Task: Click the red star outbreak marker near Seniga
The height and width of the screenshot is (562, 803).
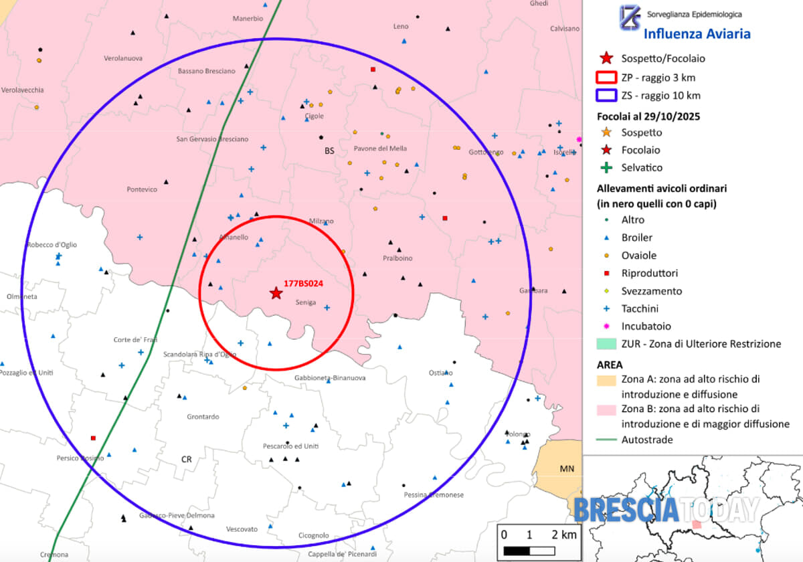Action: pyautogui.click(x=276, y=293)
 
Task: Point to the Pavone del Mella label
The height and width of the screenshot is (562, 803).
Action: pyautogui.click(x=379, y=149)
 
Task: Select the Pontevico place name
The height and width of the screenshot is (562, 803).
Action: pyautogui.click(x=142, y=189)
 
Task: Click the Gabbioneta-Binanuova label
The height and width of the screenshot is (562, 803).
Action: pyautogui.click(x=330, y=378)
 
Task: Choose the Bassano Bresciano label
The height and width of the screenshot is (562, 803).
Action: pyautogui.click(x=207, y=71)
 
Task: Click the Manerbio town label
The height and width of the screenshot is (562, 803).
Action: pyautogui.click(x=248, y=19)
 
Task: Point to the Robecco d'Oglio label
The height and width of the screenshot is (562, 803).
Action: pyautogui.click(x=52, y=245)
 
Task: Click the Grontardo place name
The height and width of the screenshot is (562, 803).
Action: pyautogui.click(x=203, y=417)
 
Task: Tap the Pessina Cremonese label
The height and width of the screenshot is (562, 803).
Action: pyautogui.click(x=434, y=495)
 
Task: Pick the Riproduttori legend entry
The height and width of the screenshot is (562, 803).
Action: pyautogui.click(x=649, y=273)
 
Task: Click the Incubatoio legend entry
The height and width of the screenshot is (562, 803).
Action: pyautogui.click(x=646, y=326)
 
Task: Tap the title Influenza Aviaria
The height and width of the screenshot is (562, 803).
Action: pyautogui.click(x=697, y=34)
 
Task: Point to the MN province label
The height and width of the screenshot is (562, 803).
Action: pyautogui.click(x=567, y=469)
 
